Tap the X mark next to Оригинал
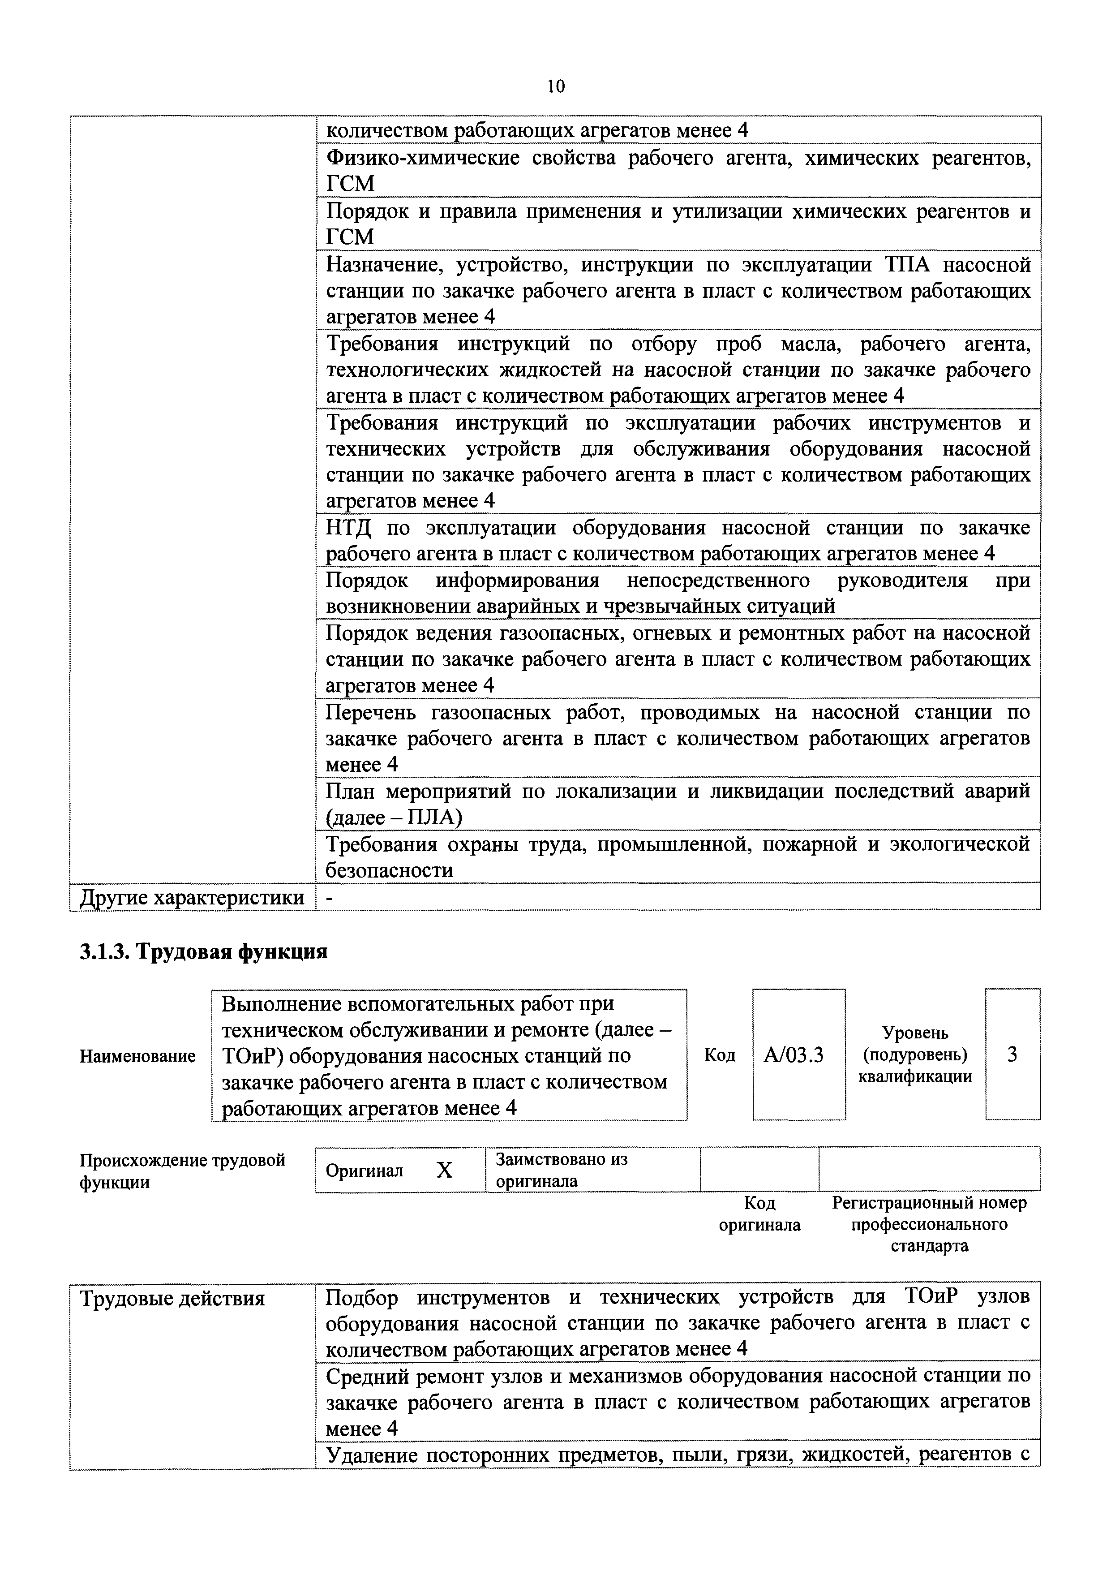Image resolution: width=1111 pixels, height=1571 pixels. [445, 1171]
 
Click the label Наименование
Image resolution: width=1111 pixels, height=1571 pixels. [137, 1056]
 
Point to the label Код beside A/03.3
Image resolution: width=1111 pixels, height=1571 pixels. [720, 1056]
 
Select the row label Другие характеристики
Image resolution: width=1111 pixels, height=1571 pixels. [192, 897]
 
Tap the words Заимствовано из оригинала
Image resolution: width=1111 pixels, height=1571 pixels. [561, 1170]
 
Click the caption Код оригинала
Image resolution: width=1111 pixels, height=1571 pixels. [759, 1214]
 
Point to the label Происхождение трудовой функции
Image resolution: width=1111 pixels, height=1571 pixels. [182, 1171]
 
